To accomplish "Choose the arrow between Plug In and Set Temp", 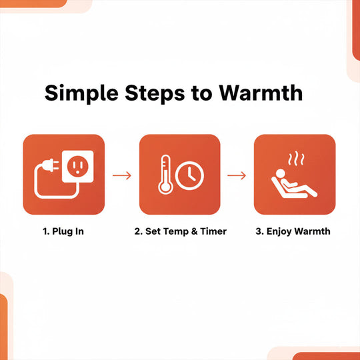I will pyautogui.click(x=122, y=175).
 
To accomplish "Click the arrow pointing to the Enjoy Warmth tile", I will pyautogui.click(x=237, y=175).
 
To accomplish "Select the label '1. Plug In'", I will pyautogui.click(x=65, y=231).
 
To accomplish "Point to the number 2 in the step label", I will pyautogui.click(x=137, y=231).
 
